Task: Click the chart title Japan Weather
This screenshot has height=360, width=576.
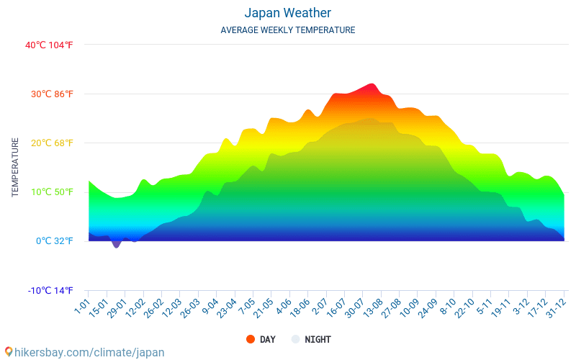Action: pos(287,13)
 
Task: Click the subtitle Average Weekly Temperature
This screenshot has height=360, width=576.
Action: pos(287,30)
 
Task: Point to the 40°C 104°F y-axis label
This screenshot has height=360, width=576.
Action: pos(49,45)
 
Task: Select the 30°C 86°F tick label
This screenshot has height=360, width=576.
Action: pos(49,94)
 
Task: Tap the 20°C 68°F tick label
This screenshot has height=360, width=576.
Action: pos(49,143)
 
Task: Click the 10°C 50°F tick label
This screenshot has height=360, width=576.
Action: pos(49,192)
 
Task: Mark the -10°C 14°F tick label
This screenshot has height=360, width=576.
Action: pos(50,291)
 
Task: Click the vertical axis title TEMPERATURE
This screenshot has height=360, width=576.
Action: pos(15,168)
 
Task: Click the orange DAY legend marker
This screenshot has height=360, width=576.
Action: pos(251,339)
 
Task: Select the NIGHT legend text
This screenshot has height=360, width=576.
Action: pos(318,339)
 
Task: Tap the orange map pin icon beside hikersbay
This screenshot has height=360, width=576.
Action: pos(8,351)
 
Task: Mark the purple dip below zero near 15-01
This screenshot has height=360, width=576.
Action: pos(116,244)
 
